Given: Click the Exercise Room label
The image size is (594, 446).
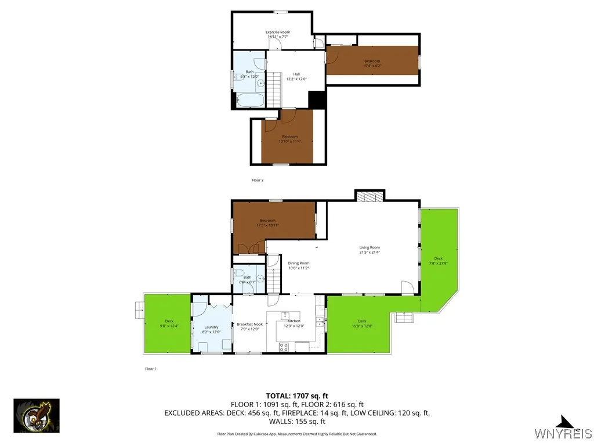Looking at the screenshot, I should point(278,32).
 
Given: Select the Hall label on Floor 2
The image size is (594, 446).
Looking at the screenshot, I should point(296,74).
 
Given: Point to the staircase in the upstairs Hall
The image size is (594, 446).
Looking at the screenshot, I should point(274,90).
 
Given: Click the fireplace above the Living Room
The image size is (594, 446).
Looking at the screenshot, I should point(370,196).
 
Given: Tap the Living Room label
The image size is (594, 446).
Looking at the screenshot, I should point(370,247).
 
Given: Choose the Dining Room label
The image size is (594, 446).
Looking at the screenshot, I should point(299,263).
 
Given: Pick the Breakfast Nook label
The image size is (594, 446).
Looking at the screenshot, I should point(249,324).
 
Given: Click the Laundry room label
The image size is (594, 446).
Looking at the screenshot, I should point(211,327).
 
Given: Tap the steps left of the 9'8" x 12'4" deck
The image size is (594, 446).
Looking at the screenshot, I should point(139,310).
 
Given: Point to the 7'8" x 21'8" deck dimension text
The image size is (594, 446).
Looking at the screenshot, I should point(438,263).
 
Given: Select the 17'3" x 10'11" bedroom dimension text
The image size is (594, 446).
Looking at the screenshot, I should point(267,225).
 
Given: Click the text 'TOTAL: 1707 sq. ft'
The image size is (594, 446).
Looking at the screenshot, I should point(296,396).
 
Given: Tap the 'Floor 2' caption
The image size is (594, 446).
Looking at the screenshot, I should point(258,180).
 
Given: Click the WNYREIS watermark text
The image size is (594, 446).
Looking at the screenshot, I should point(563,434).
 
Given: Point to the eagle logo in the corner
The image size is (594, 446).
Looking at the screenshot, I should point(37,416).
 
